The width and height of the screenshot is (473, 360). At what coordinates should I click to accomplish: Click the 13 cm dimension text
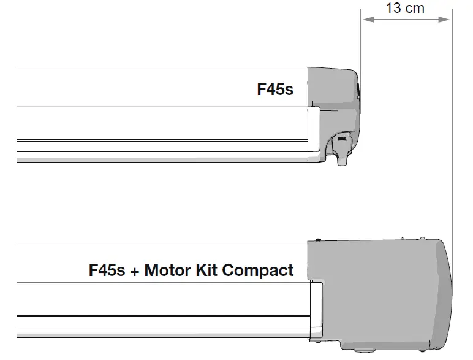[x=405, y=8]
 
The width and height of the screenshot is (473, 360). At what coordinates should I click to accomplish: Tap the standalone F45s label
[x=275, y=90]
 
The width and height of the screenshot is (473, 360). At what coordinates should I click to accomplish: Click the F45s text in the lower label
[x=108, y=270]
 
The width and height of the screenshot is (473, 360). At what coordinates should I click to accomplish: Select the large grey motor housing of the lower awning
[x=374, y=288]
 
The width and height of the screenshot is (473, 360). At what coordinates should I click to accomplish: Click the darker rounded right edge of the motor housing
[x=446, y=288]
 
